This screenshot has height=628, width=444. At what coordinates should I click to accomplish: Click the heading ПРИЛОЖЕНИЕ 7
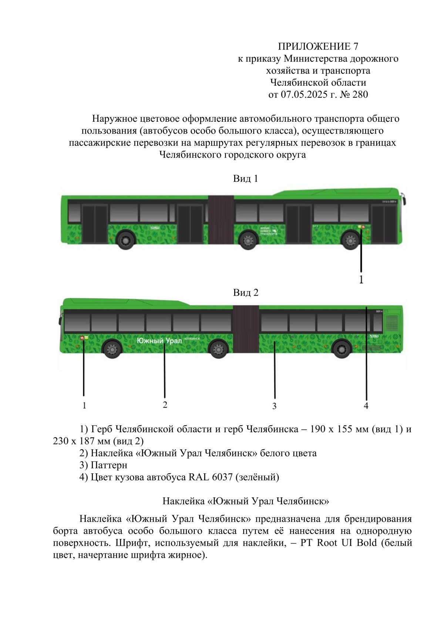(x=318, y=46)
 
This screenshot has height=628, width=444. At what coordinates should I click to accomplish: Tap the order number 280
(x=360, y=94)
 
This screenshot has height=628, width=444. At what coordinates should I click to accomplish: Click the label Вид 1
(x=245, y=178)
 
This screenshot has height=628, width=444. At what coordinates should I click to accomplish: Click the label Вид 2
(x=246, y=293)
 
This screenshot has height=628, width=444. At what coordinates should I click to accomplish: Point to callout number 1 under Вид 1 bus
(x=361, y=280)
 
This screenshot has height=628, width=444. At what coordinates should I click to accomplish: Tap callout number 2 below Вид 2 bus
(x=165, y=405)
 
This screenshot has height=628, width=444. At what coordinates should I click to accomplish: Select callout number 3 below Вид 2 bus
(x=274, y=406)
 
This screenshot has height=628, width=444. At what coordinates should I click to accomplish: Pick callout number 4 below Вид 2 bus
(x=366, y=406)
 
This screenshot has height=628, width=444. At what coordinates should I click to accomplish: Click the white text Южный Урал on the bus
(x=159, y=340)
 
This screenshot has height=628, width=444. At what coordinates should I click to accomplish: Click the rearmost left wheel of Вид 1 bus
(x=126, y=240)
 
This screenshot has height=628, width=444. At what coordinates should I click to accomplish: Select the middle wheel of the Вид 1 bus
(x=248, y=241)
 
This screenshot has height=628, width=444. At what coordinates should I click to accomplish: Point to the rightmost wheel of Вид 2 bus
(x=342, y=349)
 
